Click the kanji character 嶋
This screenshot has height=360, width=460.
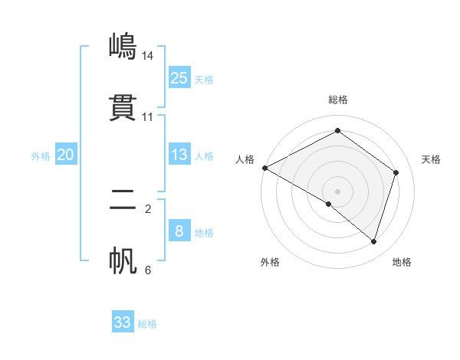(123, 46)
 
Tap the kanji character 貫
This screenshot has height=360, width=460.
(123, 108)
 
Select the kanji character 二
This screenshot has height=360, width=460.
(123, 200)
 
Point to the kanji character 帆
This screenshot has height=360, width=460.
(123, 261)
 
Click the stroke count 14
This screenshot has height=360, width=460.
(148, 55)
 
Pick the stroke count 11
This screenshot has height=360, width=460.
(148, 117)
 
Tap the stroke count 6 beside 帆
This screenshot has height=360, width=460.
(148, 270)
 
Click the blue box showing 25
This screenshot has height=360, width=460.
(179, 77)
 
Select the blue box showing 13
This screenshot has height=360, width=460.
(179, 155)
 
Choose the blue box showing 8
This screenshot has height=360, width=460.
(179, 231)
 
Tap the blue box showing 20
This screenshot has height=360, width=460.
(65, 155)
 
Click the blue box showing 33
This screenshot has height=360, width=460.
(123, 322)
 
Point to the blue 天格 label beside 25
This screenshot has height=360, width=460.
(204, 79)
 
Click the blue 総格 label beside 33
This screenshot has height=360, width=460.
(147, 324)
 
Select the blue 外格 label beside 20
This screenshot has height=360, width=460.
(41, 156)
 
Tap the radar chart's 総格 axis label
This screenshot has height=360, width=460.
(338, 100)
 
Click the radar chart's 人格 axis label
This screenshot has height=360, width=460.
(245, 159)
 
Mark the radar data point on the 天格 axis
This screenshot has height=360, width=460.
(396, 172)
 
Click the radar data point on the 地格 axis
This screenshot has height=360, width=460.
(374, 241)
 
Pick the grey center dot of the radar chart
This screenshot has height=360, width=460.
(338, 191)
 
